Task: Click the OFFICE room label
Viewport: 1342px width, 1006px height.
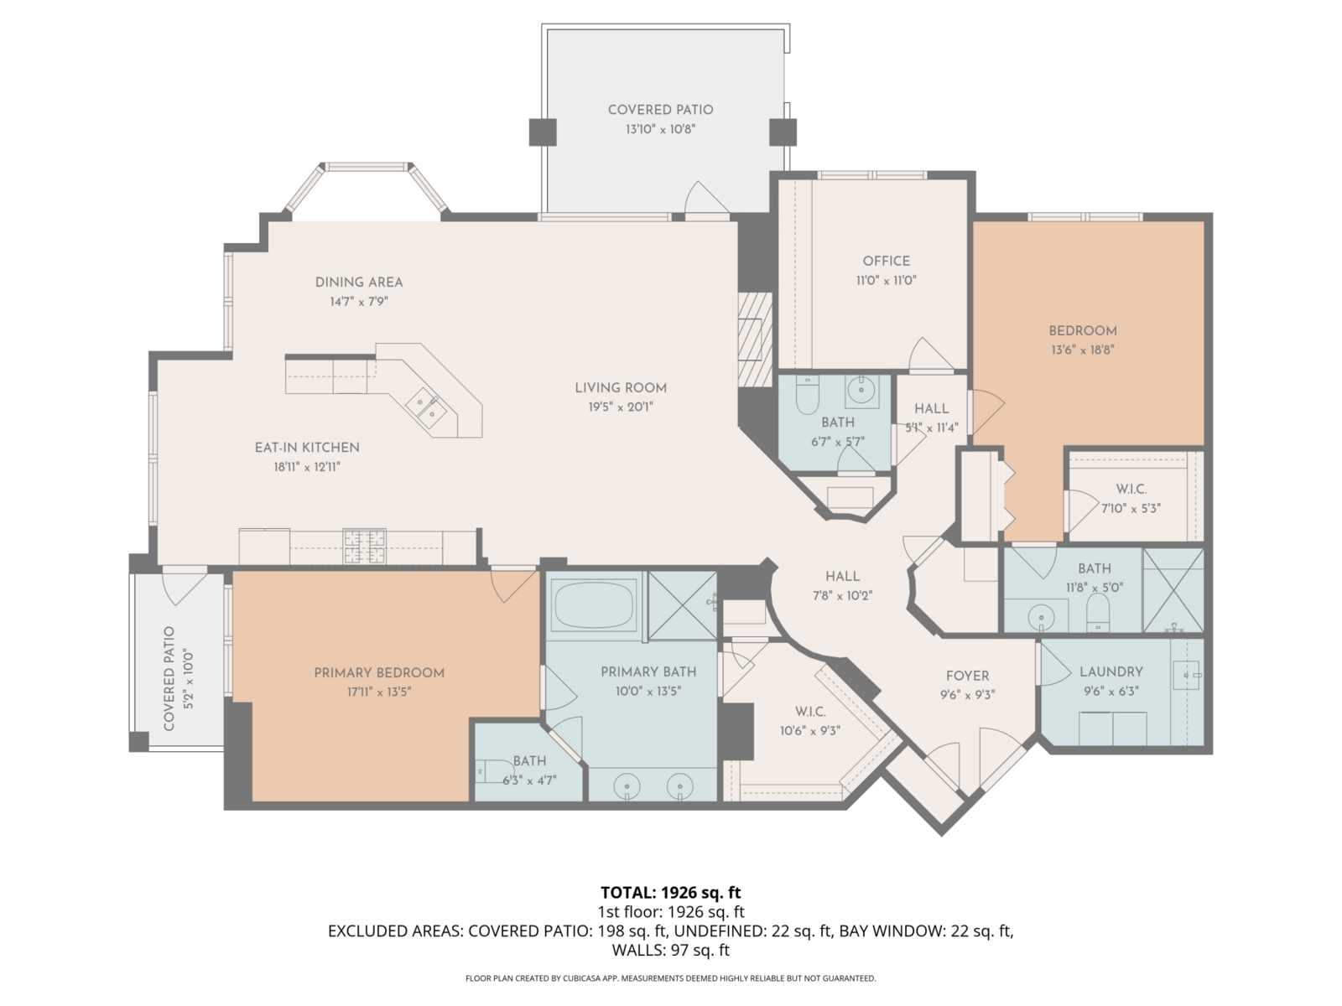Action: [x=886, y=261]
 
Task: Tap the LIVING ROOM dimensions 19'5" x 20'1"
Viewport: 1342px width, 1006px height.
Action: [x=620, y=407]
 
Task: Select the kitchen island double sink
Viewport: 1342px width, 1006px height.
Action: [x=426, y=407]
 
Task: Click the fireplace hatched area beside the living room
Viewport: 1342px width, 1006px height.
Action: [x=754, y=339]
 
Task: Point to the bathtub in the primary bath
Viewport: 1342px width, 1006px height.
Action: [x=594, y=604]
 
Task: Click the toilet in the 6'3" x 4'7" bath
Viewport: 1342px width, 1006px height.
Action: [x=492, y=770]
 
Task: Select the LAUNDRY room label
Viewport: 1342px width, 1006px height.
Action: [x=1111, y=672]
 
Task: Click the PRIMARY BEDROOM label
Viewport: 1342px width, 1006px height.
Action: [x=379, y=672]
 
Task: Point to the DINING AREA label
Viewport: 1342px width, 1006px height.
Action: [x=359, y=283]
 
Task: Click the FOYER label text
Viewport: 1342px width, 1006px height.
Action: [x=967, y=676]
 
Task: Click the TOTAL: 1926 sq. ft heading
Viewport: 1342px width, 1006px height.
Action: [x=670, y=892]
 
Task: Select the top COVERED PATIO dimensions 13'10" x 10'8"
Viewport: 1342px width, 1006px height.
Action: [x=660, y=129]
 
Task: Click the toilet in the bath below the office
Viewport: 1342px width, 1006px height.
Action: [x=807, y=395]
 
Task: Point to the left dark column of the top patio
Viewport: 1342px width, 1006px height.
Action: [x=543, y=132]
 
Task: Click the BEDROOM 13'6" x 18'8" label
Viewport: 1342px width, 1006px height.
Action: [x=1082, y=331]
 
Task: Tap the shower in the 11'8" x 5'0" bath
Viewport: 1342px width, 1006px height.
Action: [x=1173, y=589]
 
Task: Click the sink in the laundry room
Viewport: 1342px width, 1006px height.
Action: [x=1188, y=673]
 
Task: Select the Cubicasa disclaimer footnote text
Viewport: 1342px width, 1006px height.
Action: [x=670, y=978]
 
